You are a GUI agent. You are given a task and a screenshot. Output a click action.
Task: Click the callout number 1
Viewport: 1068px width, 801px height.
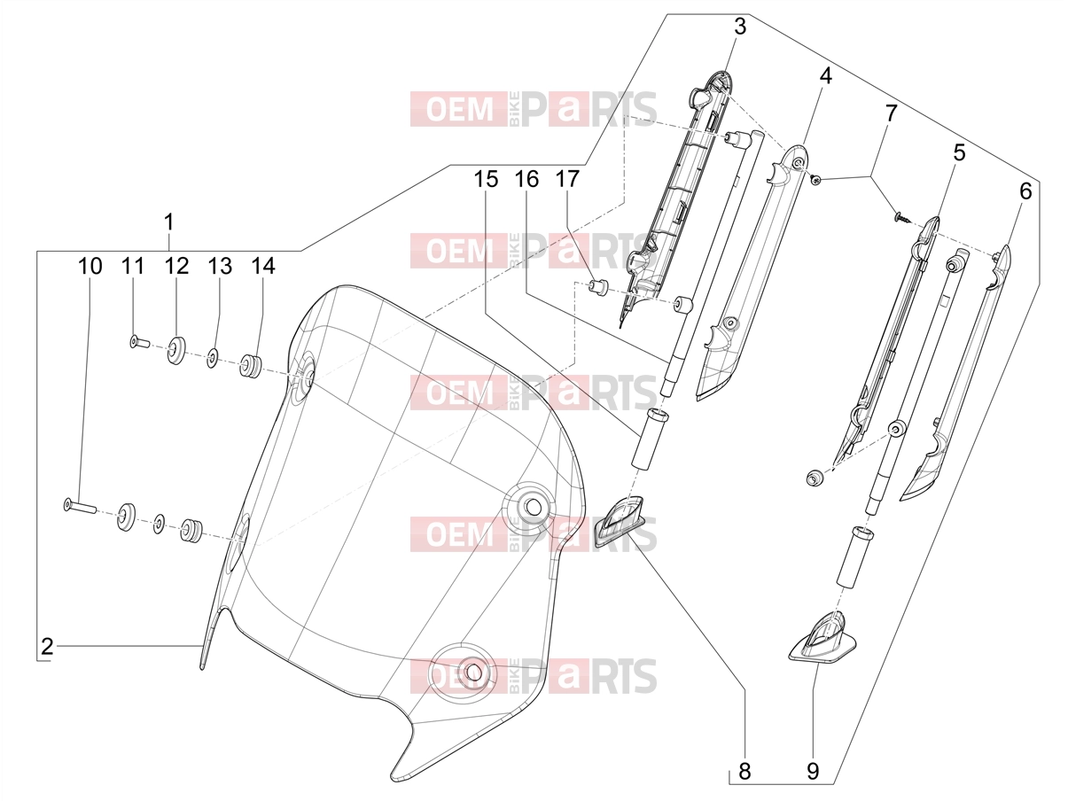click(168, 222)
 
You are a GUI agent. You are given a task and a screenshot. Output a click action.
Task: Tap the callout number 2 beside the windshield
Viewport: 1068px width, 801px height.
click(47, 647)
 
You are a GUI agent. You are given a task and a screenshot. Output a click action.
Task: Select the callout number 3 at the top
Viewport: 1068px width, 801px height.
click(739, 27)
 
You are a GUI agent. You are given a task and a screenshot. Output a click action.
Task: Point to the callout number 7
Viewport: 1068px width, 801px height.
click(891, 113)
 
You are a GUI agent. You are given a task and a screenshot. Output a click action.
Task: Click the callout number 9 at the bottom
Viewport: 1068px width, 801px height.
click(813, 772)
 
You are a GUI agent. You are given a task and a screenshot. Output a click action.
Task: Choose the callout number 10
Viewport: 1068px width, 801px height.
click(90, 266)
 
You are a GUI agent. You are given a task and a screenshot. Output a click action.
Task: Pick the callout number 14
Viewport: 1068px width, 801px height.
click(263, 266)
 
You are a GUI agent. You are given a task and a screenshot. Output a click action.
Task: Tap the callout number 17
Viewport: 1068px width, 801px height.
click(567, 179)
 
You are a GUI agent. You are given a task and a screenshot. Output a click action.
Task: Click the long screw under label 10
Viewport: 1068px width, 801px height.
click(81, 507)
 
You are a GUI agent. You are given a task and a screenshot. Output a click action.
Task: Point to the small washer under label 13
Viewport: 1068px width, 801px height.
click(212, 357)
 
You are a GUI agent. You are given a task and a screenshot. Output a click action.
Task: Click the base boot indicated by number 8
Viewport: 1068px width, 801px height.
click(618, 526)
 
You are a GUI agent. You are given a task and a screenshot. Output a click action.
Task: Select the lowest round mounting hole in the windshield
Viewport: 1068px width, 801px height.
click(471, 673)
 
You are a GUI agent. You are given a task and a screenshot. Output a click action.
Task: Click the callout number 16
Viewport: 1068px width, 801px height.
click(527, 179)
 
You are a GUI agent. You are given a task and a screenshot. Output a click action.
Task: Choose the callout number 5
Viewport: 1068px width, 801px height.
click(958, 152)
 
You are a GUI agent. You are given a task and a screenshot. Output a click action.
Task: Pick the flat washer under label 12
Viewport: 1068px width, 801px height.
click(175, 349)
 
